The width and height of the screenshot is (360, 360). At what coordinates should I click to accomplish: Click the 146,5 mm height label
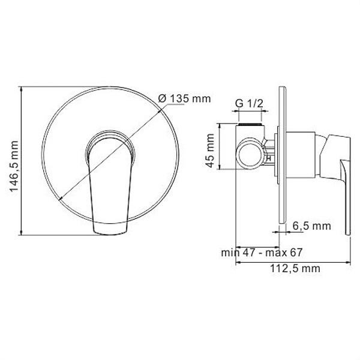pyautogui.click(x=13, y=162)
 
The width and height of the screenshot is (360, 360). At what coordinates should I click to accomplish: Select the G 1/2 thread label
pyautogui.click(x=249, y=104)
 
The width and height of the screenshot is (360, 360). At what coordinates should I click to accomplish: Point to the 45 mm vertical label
pyautogui.click(x=210, y=153)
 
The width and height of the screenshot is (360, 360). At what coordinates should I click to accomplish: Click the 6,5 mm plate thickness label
pyautogui.click(x=312, y=226)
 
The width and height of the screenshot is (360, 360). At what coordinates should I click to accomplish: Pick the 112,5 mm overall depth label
pyautogui.click(x=293, y=269)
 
